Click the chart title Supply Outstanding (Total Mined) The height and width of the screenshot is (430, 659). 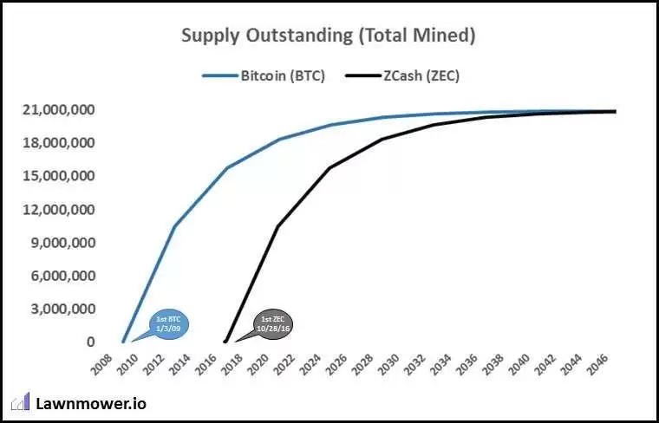point(329,36)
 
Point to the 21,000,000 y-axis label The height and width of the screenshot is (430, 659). point(59,111)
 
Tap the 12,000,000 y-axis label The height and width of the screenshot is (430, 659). point(59,210)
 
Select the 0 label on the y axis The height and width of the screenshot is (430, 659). point(89,342)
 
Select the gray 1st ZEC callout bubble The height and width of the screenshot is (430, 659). point(271,323)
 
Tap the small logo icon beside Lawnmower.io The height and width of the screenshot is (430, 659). point(20,402)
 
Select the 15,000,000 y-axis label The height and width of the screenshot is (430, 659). point(59,177)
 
